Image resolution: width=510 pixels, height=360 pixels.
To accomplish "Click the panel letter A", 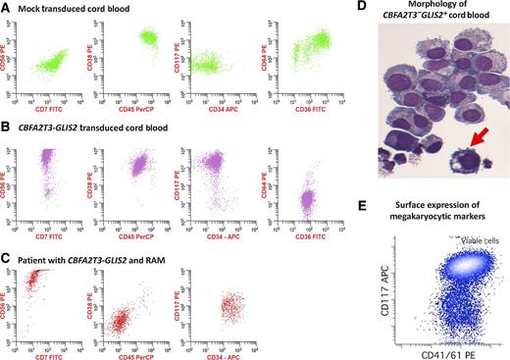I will click(8, 9).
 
